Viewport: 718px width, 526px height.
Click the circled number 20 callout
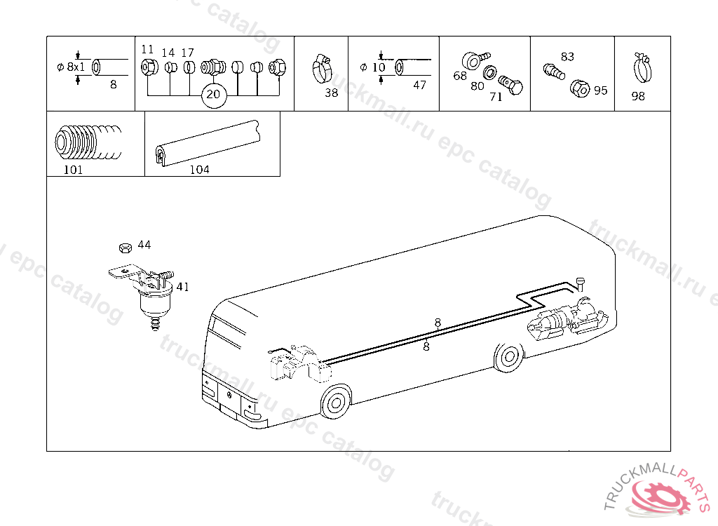pyautogui.click(x=213, y=95)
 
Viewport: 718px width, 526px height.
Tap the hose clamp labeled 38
pyautogui.click(x=321, y=68)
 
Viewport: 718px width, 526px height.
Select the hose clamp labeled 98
pyautogui.click(x=642, y=68)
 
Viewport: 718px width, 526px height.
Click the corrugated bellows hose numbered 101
pyautogui.click(x=88, y=140)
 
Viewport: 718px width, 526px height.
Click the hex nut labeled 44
pyautogui.click(x=126, y=248)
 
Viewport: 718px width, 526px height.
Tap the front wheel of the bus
pyautogui.click(x=336, y=403)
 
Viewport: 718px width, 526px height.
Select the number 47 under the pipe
pyautogui.click(x=419, y=86)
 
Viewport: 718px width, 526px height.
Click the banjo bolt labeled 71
pyautogui.click(x=510, y=85)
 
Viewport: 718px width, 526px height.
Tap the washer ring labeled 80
pyautogui.click(x=490, y=72)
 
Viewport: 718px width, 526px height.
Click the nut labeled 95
pyautogui.click(x=580, y=88)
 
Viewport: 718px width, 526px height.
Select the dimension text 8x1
pyautogui.click(x=76, y=67)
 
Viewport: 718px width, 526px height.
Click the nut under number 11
pyautogui.click(x=149, y=68)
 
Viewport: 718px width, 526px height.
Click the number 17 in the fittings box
pyautogui.click(x=187, y=53)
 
